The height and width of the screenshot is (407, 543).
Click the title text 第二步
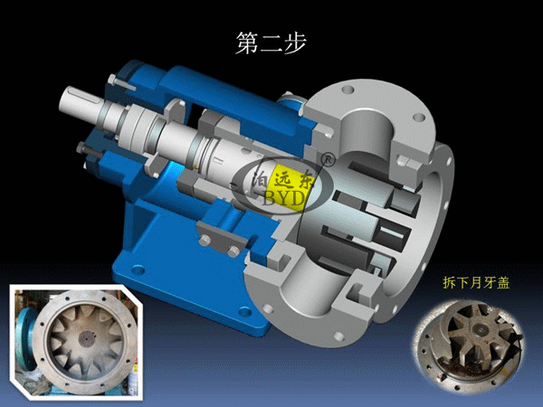click(x=271, y=43)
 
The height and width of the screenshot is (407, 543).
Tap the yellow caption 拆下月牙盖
click(x=476, y=283)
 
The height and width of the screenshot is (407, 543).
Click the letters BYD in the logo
click(x=284, y=198)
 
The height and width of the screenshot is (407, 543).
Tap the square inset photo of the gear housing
click(x=76, y=343)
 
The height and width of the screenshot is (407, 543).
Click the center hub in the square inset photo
click(x=85, y=337)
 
